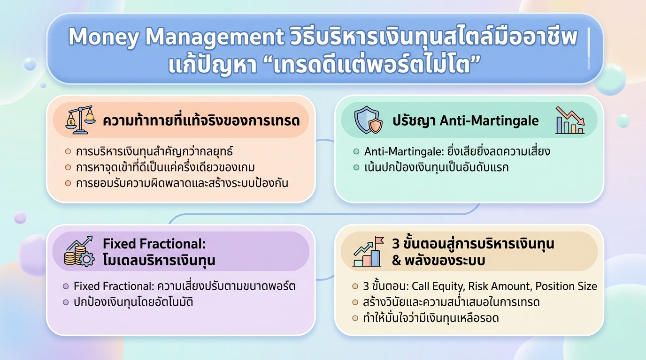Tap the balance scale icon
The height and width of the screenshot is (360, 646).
click(80, 120)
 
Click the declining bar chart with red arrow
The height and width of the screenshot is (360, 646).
click(569, 120)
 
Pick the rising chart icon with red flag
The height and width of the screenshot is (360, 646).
click(368, 252)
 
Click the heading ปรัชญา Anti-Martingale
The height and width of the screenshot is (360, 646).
click(465, 121)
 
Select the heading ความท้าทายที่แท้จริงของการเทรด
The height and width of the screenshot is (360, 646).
click(201, 121)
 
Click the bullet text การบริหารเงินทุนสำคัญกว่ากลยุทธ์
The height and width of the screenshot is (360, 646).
click(154, 152)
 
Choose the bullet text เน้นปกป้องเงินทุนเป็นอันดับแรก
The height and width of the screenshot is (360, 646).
click(436, 167)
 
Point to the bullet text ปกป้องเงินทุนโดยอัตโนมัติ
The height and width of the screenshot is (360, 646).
click(133, 302)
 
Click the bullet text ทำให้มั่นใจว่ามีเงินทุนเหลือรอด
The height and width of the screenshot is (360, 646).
click(431, 318)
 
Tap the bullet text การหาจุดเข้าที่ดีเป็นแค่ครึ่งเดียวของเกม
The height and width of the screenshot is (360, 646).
click(166, 167)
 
